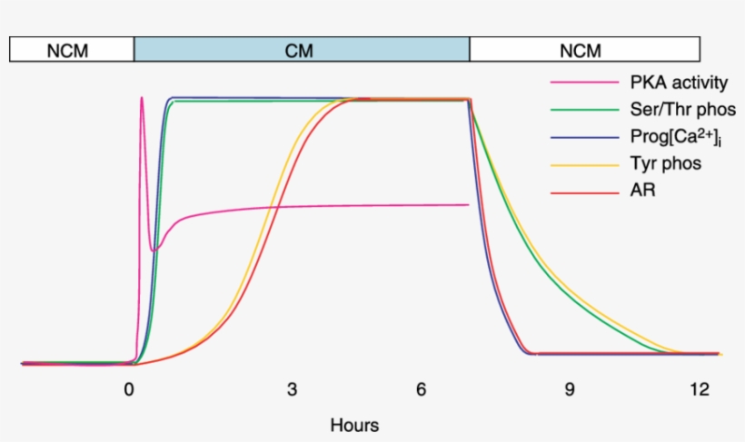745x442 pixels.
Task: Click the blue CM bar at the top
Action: click(x=301, y=50)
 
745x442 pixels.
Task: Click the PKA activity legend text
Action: click(x=679, y=83)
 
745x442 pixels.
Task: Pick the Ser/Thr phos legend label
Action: click(x=682, y=111)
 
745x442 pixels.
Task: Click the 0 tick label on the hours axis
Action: click(x=129, y=390)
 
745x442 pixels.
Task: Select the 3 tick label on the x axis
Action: click(x=292, y=390)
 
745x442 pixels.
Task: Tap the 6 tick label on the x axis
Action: click(x=422, y=390)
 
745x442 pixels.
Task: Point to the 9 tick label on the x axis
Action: click(x=569, y=390)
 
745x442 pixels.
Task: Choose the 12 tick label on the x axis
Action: click(x=698, y=390)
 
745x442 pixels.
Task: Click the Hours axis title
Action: click(x=354, y=424)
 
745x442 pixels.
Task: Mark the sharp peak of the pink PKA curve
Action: click(x=142, y=98)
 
